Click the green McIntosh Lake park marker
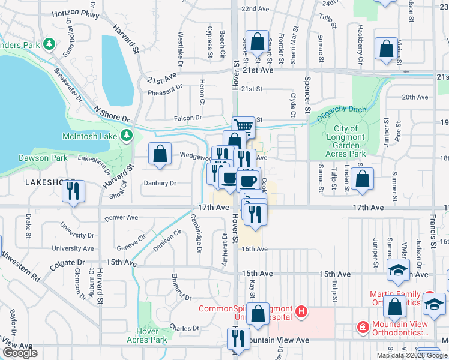coord(126,136)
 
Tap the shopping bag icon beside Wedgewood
coord(160,154)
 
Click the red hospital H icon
coord(301,312)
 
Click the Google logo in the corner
coord(20,353)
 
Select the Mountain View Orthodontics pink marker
coord(363,327)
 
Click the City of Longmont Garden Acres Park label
coord(345,141)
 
